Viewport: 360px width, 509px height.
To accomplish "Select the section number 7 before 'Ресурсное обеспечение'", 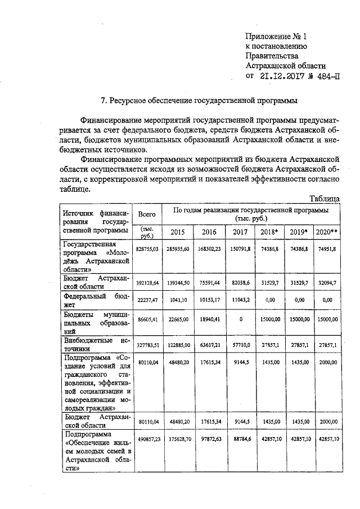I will (x=102, y=101).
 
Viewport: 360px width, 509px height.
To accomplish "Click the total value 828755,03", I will (x=147, y=249).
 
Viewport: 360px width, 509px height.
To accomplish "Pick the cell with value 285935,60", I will (x=177, y=249).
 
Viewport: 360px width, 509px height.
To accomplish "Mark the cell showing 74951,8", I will (x=326, y=249).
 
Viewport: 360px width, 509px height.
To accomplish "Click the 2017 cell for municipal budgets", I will (x=240, y=319).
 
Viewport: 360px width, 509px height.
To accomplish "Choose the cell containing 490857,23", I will (x=147, y=438).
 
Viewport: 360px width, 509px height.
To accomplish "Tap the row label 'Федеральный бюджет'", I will (x=97, y=300).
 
